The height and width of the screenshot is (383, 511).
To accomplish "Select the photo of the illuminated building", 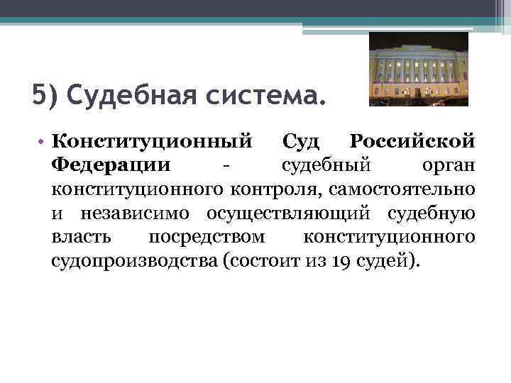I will coord(418,69).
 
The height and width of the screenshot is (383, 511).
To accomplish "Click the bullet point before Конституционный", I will coord(43,141).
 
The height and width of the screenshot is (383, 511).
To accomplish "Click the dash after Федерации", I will coord(225,166).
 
